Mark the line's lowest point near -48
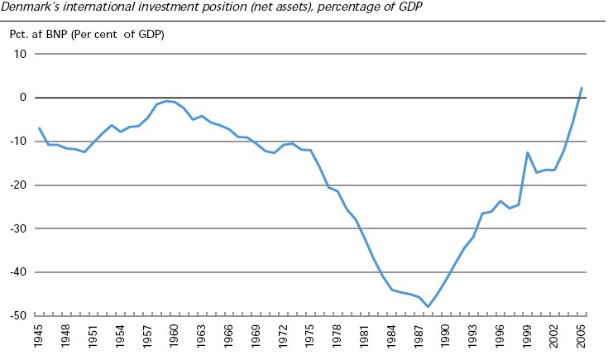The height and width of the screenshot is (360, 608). [x=428, y=307]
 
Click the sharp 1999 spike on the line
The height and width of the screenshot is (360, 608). [x=527, y=152]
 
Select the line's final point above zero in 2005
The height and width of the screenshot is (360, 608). [x=582, y=88]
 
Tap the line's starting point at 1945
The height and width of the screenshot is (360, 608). [x=39, y=128]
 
